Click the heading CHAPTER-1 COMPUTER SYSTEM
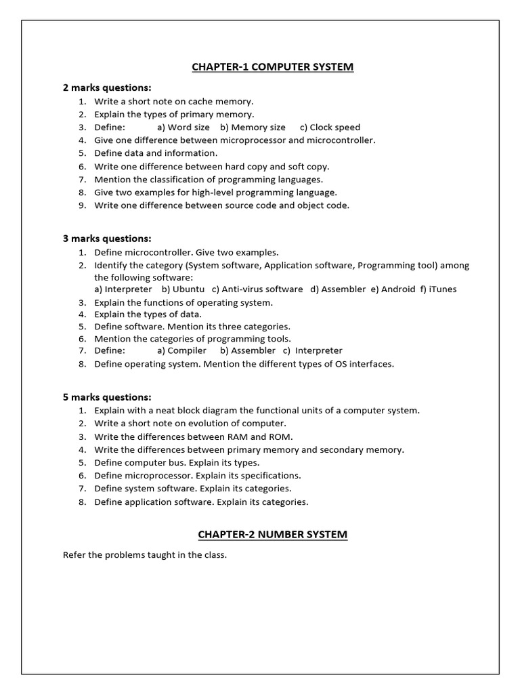pyautogui.click(x=272, y=66)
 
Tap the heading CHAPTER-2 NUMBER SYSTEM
pyautogui.click(x=272, y=535)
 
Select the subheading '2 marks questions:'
pyautogui.click(x=107, y=88)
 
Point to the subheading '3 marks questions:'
pyautogui.click(x=107, y=239)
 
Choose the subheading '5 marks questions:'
pyautogui.click(x=107, y=397)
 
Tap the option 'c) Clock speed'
pyautogui.click(x=330, y=127)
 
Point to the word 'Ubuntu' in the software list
pyautogui.click(x=189, y=289)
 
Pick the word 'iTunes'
pyautogui.click(x=443, y=289)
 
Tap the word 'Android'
pyautogui.click(x=398, y=289)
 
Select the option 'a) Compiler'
pyautogui.click(x=181, y=351)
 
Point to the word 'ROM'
pyautogui.click(x=281, y=436)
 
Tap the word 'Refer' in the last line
pyautogui.click(x=74, y=555)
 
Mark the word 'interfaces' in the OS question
pyautogui.click(x=371, y=364)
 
